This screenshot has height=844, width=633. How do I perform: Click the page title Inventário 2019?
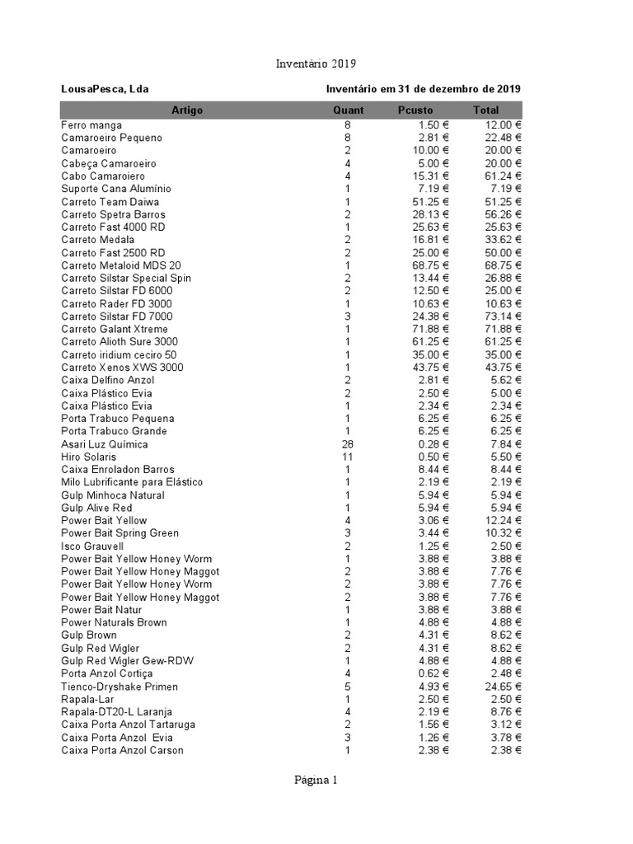coord(316,64)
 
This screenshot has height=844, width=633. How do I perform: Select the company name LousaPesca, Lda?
coord(105,89)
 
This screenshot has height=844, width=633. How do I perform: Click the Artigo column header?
coord(187,110)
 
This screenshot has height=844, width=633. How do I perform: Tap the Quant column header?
coord(348,110)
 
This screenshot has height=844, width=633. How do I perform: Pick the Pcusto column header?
coord(415,110)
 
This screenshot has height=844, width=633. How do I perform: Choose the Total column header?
coord(485,110)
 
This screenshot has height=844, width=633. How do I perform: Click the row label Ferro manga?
coord(91,124)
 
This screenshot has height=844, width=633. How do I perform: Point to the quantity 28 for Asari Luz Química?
coord(348,444)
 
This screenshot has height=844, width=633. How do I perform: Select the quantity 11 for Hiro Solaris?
coord(348,457)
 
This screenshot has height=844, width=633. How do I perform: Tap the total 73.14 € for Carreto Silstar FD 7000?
coord(503,316)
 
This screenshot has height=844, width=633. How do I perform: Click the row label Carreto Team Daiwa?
coord(110,202)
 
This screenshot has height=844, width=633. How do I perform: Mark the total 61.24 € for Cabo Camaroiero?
coord(503,176)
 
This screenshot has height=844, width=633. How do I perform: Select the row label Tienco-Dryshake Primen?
coord(120,687)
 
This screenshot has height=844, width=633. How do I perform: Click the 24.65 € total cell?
coord(503,687)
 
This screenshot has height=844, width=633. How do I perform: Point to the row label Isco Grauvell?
coord(92,546)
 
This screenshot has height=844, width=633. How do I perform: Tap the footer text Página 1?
coord(316,781)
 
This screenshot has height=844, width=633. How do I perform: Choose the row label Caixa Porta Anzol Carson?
coord(123,750)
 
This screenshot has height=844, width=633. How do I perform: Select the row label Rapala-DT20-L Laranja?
coord(117,712)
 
